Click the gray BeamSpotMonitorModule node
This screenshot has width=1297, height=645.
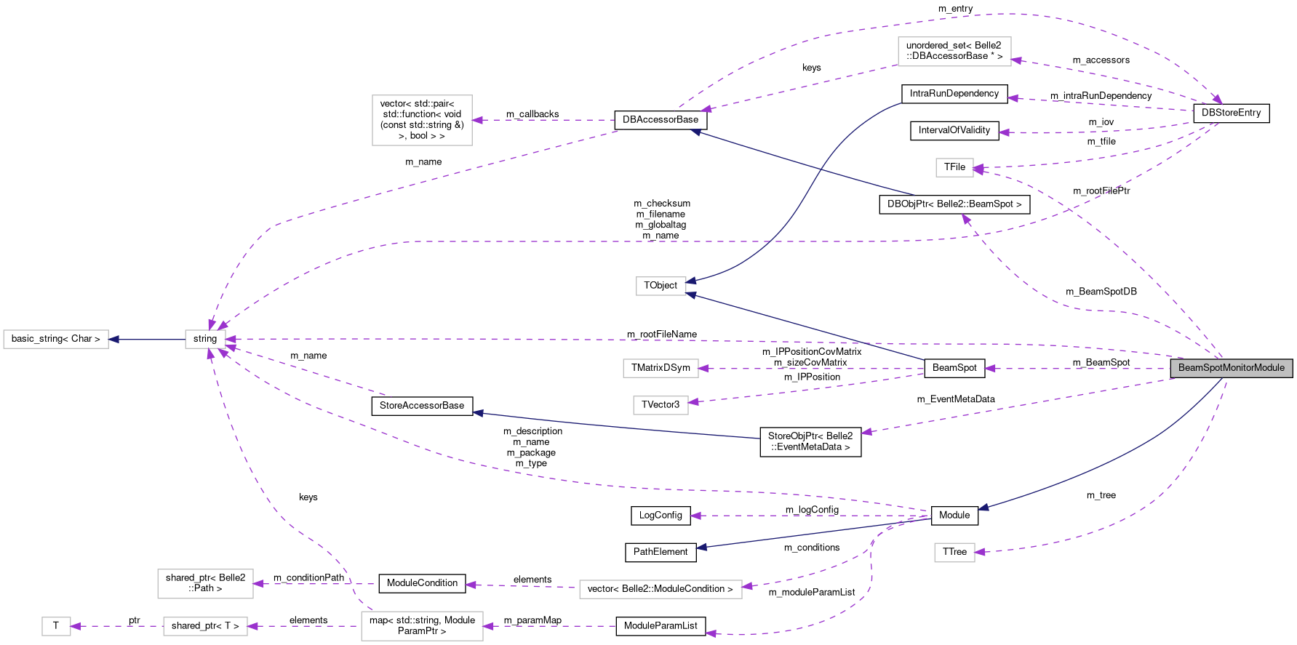(1231, 368)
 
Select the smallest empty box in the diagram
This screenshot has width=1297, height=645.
(56, 626)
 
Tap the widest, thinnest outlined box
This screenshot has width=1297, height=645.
(661, 589)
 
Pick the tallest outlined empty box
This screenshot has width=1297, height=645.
(422, 120)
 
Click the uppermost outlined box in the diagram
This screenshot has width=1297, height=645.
(954, 52)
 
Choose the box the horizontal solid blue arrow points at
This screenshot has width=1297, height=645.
(56, 340)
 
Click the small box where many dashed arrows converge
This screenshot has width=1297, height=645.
(205, 340)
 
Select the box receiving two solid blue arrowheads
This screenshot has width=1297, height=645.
(661, 287)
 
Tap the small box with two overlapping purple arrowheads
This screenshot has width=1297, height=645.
(954, 168)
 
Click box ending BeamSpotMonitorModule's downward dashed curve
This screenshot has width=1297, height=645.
(954, 553)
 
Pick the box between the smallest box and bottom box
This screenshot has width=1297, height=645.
(205, 626)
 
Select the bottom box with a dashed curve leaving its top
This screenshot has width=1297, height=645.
(422, 626)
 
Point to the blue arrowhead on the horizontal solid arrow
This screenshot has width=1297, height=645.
(114, 340)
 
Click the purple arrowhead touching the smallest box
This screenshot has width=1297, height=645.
(76, 626)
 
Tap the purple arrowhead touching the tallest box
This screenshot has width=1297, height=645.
(478, 120)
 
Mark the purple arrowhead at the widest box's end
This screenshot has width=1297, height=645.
(747, 586)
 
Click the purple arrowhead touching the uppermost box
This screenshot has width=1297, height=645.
(1017, 60)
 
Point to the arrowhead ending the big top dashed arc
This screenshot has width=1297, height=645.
(1218, 100)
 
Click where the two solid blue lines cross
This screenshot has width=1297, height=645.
(821, 169)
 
